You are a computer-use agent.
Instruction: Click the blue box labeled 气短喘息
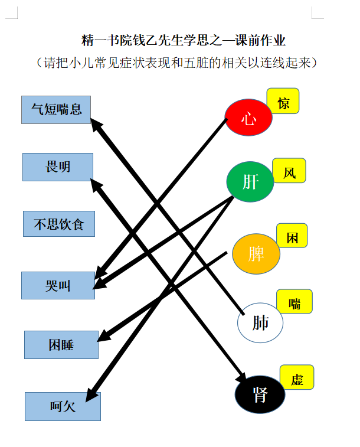(x=56, y=110)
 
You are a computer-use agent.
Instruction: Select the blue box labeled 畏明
(x=58, y=167)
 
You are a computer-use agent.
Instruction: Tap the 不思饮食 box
(x=59, y=224)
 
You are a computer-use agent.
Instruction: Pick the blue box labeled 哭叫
(x=58, y=285)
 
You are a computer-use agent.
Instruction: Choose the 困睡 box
(x=61, y=345)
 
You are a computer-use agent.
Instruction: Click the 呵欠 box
(x=63, y=406)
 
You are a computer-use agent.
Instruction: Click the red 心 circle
(x=248, y=118)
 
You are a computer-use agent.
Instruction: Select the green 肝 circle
(x=250, y=182)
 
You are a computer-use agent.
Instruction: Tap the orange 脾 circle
(x=256, y=254)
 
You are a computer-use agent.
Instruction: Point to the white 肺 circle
(x=260, y=323)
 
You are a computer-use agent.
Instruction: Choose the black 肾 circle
(x=260, y=394)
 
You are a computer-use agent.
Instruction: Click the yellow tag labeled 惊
(x=283, y=101)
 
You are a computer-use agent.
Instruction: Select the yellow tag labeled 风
(x=289, y=171)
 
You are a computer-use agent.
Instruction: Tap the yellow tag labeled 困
(x=292, y=236)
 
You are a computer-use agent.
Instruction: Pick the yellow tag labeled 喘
(x=294, y=301)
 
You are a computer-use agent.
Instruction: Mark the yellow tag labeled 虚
(x=297, y=377)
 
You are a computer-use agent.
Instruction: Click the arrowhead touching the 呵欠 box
(x=91, y=395)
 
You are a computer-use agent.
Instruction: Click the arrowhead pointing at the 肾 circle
(x=241, y=376)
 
